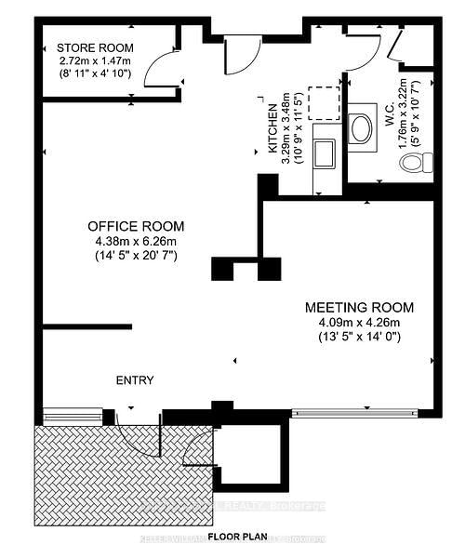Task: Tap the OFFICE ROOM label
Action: tap(136, 226)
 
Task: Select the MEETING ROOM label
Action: tap(360, 307)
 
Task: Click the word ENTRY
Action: tap(135, 380)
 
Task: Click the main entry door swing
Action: tap(139, 437)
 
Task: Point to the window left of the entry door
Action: tap(72, 415)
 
